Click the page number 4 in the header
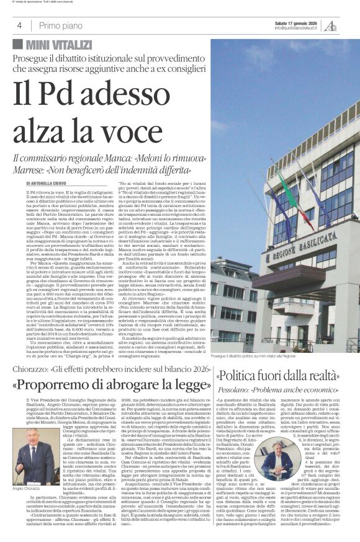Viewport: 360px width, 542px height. click(x=20, y=25)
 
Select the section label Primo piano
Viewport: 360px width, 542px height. click(x=60, y=25)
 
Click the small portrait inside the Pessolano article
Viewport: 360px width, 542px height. click(x=273, y=460)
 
